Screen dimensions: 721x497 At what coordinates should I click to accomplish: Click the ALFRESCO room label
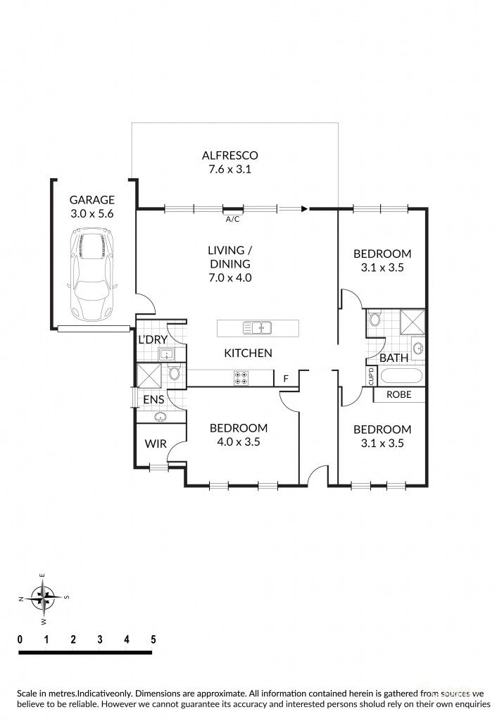230,155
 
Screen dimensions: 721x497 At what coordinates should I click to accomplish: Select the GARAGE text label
92,200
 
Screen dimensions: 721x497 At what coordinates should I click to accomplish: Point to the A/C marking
232,219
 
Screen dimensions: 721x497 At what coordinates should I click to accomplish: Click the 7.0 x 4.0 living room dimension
230,277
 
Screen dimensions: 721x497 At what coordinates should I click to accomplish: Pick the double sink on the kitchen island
258,327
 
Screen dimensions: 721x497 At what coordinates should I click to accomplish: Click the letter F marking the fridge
285,379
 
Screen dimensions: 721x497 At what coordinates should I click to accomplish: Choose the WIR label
156,444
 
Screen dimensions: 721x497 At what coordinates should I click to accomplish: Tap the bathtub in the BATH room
401,375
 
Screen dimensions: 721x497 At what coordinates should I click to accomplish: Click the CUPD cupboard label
371,377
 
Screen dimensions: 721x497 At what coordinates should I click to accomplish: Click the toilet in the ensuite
175,373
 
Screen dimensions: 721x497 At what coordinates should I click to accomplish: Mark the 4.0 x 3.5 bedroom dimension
239,442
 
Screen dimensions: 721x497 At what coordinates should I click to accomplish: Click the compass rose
44,598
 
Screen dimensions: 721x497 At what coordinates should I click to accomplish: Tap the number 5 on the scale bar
153,639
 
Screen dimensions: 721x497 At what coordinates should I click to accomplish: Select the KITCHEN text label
248,353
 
